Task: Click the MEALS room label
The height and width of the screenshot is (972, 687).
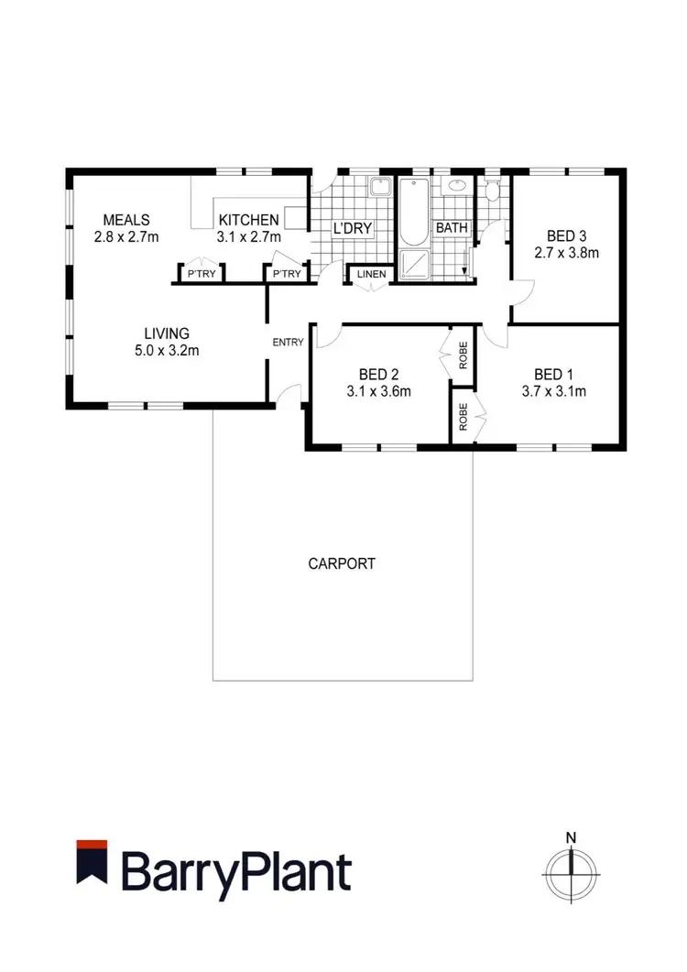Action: (126, 220)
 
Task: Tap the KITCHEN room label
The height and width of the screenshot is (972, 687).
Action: (248, 220)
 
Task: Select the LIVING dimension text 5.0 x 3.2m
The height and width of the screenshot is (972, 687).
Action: (166, 350)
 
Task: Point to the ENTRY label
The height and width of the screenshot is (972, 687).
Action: (288, 343)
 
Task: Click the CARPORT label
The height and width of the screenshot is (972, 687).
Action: (342, 563)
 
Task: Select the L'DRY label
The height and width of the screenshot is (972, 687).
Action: (350, 228)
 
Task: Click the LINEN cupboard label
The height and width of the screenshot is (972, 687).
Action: (371, 274)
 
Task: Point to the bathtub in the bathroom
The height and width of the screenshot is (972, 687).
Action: (414, 213)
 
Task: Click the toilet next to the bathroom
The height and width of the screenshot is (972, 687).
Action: (492, 191)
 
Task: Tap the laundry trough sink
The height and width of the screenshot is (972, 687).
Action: (378, 189)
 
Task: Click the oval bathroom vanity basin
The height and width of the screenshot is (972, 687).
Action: (454, 187)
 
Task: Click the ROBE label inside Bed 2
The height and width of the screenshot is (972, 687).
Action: (463, 353)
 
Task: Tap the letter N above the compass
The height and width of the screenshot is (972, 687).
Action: (571, 836)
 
